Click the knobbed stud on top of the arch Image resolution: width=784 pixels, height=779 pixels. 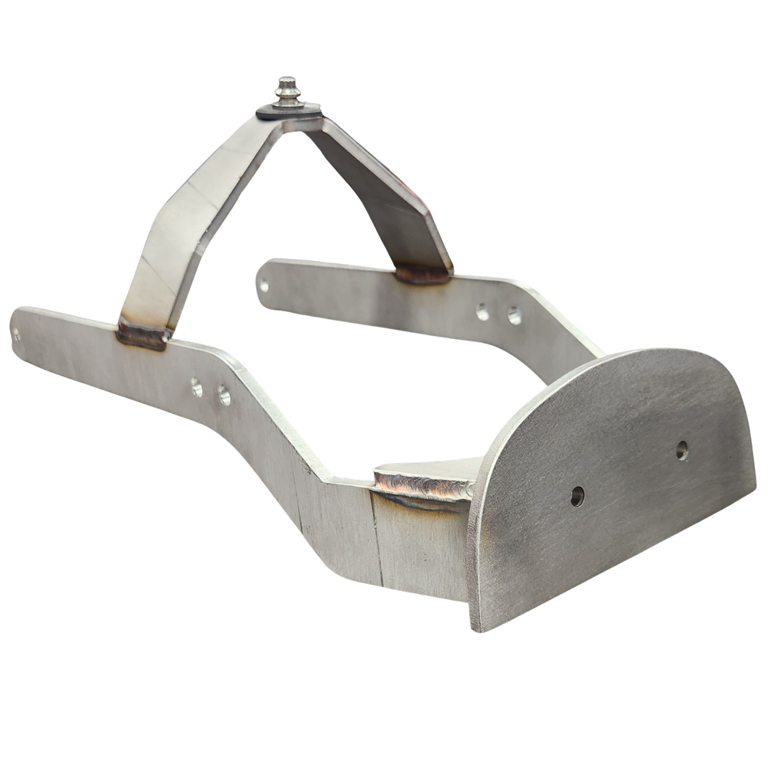click(289, 90)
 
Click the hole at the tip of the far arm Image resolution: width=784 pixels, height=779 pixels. click(264, 287)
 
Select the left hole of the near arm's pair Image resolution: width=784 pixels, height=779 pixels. click(198, 388)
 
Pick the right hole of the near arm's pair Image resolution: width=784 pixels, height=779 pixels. click(224, 396)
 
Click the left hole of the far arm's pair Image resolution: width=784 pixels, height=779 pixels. click(482, 311)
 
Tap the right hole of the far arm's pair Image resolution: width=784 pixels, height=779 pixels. click(514, 313)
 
